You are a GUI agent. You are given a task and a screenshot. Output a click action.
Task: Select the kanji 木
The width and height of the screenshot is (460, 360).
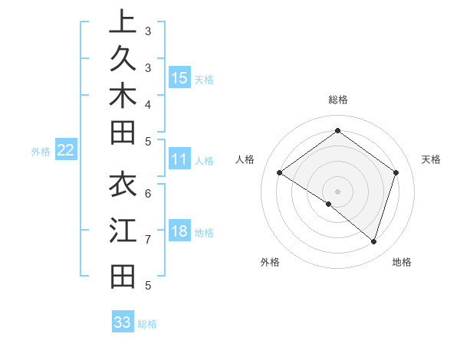123,97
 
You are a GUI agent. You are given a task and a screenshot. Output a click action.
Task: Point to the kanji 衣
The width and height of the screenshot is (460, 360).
123,185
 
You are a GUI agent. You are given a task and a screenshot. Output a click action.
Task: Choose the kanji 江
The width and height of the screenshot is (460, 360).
123,231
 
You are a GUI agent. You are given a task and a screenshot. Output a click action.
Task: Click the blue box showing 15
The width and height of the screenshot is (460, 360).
179,77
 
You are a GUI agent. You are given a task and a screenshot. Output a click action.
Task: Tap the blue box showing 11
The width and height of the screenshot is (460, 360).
179,159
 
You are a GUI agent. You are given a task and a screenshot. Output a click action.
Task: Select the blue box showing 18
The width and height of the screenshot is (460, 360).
179,231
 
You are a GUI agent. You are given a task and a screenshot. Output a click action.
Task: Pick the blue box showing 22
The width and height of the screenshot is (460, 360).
66,150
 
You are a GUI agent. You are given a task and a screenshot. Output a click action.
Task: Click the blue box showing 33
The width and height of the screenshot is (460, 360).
123,322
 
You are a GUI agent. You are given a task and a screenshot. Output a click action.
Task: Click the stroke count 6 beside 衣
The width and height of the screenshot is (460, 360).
148,192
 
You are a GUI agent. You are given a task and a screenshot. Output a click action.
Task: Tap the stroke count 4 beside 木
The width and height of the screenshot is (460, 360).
148,104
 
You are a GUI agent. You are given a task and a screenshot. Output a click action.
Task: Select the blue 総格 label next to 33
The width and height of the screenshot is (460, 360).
147,324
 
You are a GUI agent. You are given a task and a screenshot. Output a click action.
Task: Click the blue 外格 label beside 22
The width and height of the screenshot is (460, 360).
41,152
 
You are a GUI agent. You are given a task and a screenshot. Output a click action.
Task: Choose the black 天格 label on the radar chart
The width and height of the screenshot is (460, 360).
431,159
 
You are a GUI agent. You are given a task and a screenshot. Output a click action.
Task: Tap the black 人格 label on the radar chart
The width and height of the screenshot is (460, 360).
245,159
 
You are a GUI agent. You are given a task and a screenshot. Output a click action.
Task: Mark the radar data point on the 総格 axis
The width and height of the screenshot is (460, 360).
337,130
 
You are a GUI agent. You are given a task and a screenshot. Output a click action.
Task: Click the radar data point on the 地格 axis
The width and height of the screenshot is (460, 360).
373,242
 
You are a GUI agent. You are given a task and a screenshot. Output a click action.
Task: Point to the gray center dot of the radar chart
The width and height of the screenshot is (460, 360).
337,191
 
